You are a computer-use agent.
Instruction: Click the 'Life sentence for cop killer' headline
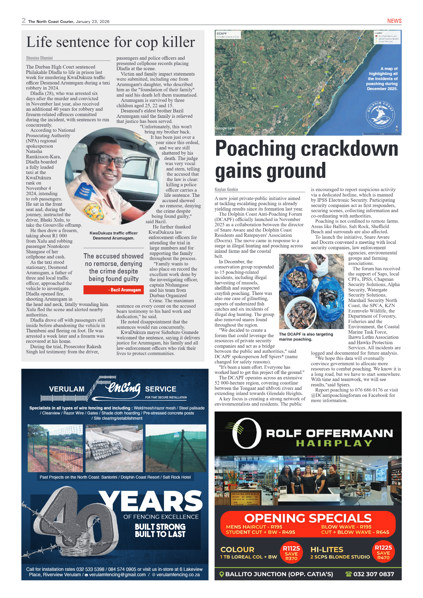tap(111, 42)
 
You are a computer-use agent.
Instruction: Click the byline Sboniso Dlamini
tap(39, 58)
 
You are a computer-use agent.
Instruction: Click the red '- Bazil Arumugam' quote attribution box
tap(114, 290)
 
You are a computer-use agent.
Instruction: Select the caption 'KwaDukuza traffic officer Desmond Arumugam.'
tap(114, 236)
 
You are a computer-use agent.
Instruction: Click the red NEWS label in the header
tap(394, 21)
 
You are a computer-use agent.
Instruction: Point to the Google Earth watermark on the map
tap(225, 128)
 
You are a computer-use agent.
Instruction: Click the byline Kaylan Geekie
tap(226, 190)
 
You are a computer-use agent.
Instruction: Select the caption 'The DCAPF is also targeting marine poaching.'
tap(306, 337)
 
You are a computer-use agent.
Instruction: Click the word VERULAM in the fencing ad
tap(67, 389)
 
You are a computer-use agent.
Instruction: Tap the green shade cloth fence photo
tap(176, 448)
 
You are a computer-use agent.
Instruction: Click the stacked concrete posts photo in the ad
tap(114, 448)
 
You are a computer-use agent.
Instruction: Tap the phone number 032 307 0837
tap(373, 574)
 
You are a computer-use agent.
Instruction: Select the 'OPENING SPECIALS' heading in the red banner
tap(308, 518)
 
